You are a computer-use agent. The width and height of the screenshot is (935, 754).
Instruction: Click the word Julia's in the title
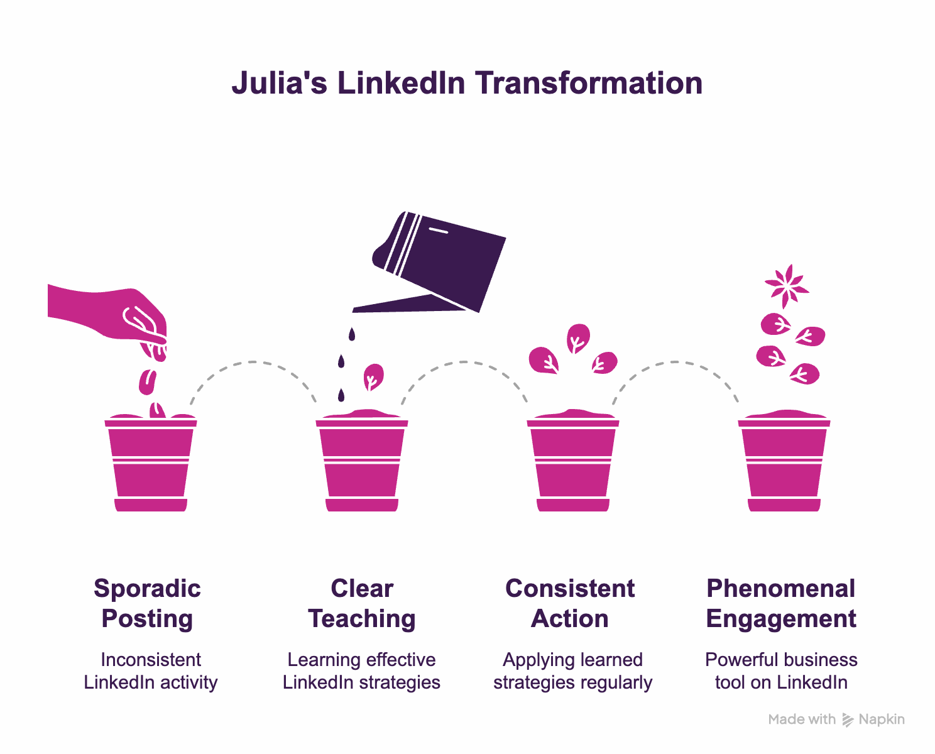coord(279,84)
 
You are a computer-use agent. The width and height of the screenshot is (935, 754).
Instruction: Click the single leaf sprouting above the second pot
coord(373,377)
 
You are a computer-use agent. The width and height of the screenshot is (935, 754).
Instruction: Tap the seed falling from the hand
coord(148,381)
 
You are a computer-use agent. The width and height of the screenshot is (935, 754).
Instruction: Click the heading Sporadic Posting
coord(148,603)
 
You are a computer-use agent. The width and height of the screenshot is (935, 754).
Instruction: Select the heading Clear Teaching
coord(362,603)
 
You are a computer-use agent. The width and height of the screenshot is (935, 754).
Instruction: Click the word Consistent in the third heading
coord(570,589)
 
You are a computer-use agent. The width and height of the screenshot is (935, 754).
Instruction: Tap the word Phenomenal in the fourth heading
coord(781,589)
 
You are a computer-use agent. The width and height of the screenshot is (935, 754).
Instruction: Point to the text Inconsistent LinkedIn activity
coord(151,671)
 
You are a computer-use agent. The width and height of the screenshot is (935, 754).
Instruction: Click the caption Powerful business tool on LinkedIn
coord(781,671)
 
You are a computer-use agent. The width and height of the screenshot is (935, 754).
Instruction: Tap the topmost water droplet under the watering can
coord(352,334)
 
